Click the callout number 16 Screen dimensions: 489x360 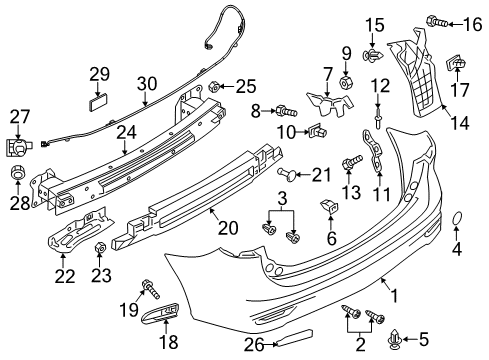click(x=473, y=25)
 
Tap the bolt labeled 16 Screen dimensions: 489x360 click(x=437, y=22)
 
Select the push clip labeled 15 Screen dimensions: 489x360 click(x=372, y=55)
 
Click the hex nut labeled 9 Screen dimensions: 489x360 click(x=346, y=81)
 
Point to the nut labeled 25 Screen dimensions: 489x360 click(x=213, y=87)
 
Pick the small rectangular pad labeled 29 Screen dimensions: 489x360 click(x=98, y=101)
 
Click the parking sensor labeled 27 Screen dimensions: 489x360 click(x=18, y=147)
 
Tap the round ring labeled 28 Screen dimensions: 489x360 click(x=18, y=172)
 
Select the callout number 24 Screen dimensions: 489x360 click(x=126, y=132)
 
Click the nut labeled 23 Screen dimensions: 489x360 click(x=100, y=248)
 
